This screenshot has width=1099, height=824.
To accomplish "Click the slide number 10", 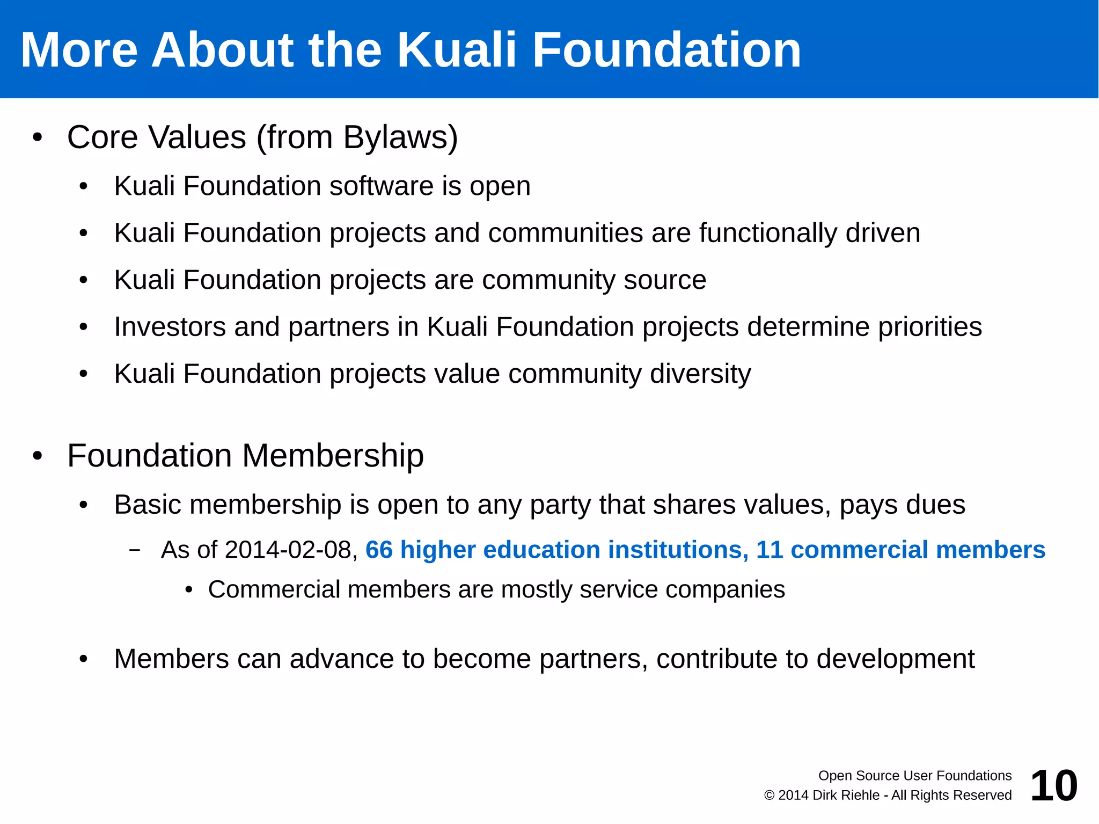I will point(1053,786).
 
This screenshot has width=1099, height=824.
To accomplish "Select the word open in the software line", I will point(500,187).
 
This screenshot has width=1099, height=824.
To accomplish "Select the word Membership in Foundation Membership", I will point(333,456).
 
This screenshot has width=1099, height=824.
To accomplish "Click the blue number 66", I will point(379,550).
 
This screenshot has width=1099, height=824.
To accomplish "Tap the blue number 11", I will point(769,550).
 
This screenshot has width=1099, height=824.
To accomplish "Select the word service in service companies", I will point(618,590).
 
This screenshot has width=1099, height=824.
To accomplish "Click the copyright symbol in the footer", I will point(769,796).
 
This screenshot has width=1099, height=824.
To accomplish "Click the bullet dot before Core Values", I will point(37,137).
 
